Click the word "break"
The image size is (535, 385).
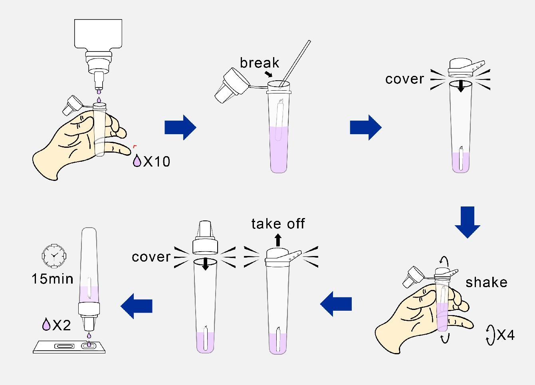coord(260,63)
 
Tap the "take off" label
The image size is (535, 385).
coord(278,224)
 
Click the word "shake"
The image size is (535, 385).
coord(486,282)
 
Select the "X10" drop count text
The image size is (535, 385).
coord(157,162)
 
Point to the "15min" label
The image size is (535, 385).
coord(52,278)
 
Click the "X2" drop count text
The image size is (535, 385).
coord(61,325)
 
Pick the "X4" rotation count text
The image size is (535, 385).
coord(505,335)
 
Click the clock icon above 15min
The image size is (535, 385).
coord(53,255)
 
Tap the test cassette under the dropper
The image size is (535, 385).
coord(70,346)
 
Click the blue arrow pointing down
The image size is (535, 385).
coord(467,222)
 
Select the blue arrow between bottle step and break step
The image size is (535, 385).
coord(180,128)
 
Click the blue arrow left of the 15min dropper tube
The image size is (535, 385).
coord(137,306)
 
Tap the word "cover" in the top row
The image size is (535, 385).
coord(404,79)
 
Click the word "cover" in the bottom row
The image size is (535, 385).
coord(151,256)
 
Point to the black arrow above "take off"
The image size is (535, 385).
coord(278,240)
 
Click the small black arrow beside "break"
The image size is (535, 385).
coord(269,74)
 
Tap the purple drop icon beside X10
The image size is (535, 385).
coord(137,161)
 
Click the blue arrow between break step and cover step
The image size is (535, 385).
coord(365,128)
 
